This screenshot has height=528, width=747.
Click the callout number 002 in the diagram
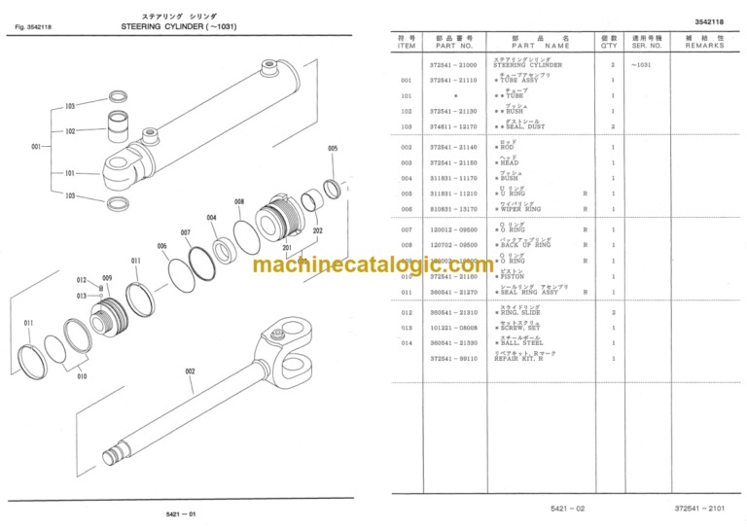coord(190,370)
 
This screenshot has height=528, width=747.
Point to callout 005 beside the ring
coord(333,149)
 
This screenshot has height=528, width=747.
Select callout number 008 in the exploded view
coord(239,201)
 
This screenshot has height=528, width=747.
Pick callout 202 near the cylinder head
coord(317,230)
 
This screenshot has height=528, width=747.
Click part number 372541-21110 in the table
coord(453,80)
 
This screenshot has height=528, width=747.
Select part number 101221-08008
coord(453,328)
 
